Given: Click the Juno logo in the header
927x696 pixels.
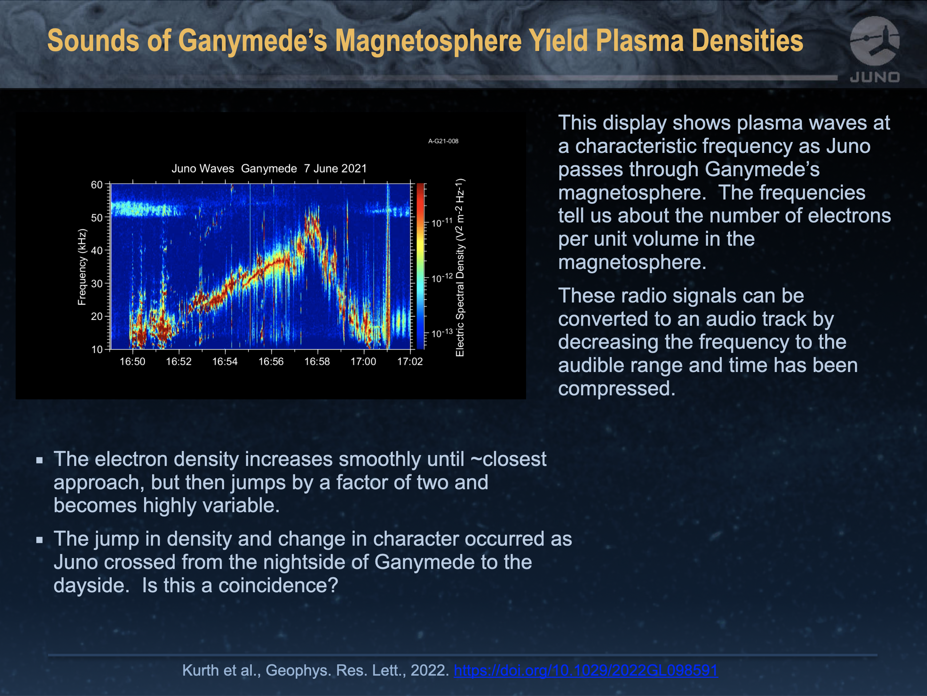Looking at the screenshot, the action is pos(875,49).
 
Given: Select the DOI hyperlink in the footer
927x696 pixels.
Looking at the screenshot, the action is pos(585,670).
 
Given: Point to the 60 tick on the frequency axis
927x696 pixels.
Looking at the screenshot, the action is pos(97,185).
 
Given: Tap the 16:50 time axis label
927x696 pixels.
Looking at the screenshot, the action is pos(132,361).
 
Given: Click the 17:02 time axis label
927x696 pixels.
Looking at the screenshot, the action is pos(410,361).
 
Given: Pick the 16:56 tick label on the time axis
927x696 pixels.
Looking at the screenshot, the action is pos(271,361).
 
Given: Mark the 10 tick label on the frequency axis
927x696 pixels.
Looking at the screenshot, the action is pos(97,349).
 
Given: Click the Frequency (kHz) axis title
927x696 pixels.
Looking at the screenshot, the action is pos(82,267).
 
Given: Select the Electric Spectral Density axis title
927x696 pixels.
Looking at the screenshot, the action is pos(460,268).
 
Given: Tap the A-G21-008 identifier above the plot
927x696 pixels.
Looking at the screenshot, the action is pos(443,141).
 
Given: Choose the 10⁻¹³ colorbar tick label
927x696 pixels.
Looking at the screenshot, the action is pos(442,333).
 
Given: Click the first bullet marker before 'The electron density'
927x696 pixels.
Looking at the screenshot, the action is pos(40,460).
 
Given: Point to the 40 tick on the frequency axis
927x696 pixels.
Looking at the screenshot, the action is pos(97,250).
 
